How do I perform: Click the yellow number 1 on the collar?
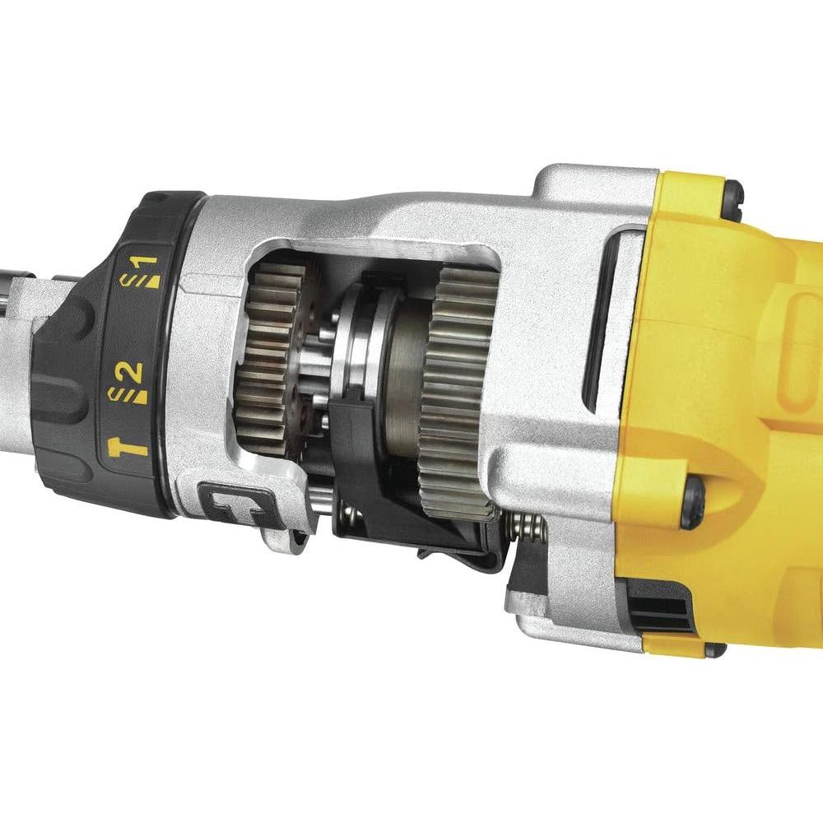point(146,265)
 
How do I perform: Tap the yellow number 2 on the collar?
point(133,372)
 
